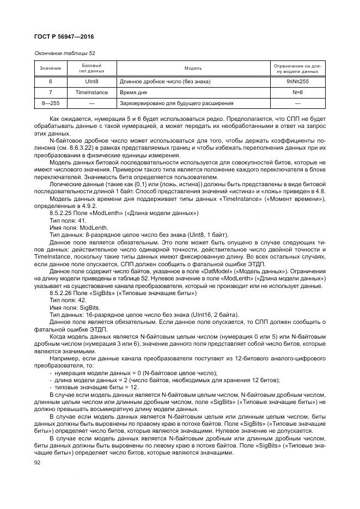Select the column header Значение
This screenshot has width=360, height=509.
click(51, 68)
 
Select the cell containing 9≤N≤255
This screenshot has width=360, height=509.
click(297, 82)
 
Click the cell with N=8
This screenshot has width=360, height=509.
click(297, 93)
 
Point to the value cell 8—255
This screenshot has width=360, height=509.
click(51, 103)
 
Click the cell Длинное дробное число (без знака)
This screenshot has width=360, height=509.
click(164, 82)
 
